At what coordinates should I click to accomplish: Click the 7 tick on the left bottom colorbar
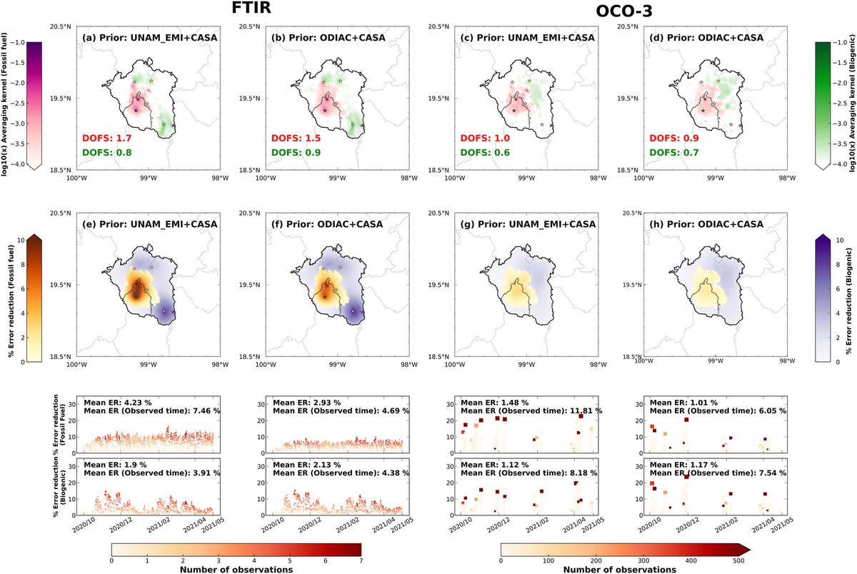pos(361,560)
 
